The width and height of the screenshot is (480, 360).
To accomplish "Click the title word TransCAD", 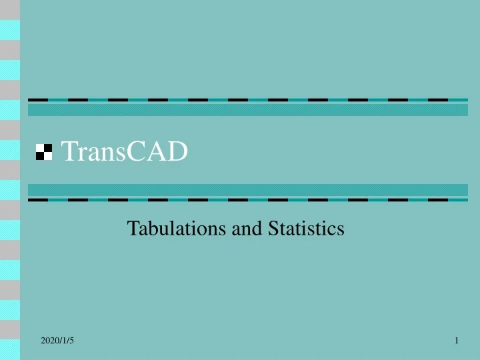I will click(x=125, y=153).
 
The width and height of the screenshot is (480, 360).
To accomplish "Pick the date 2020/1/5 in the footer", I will click(x=57, y=341).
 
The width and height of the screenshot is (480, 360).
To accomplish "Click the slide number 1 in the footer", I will click(x=457, y=341).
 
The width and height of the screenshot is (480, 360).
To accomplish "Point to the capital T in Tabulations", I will click(x=132, y=229).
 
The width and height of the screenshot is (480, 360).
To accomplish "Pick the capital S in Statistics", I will click(x=273, y=229).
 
